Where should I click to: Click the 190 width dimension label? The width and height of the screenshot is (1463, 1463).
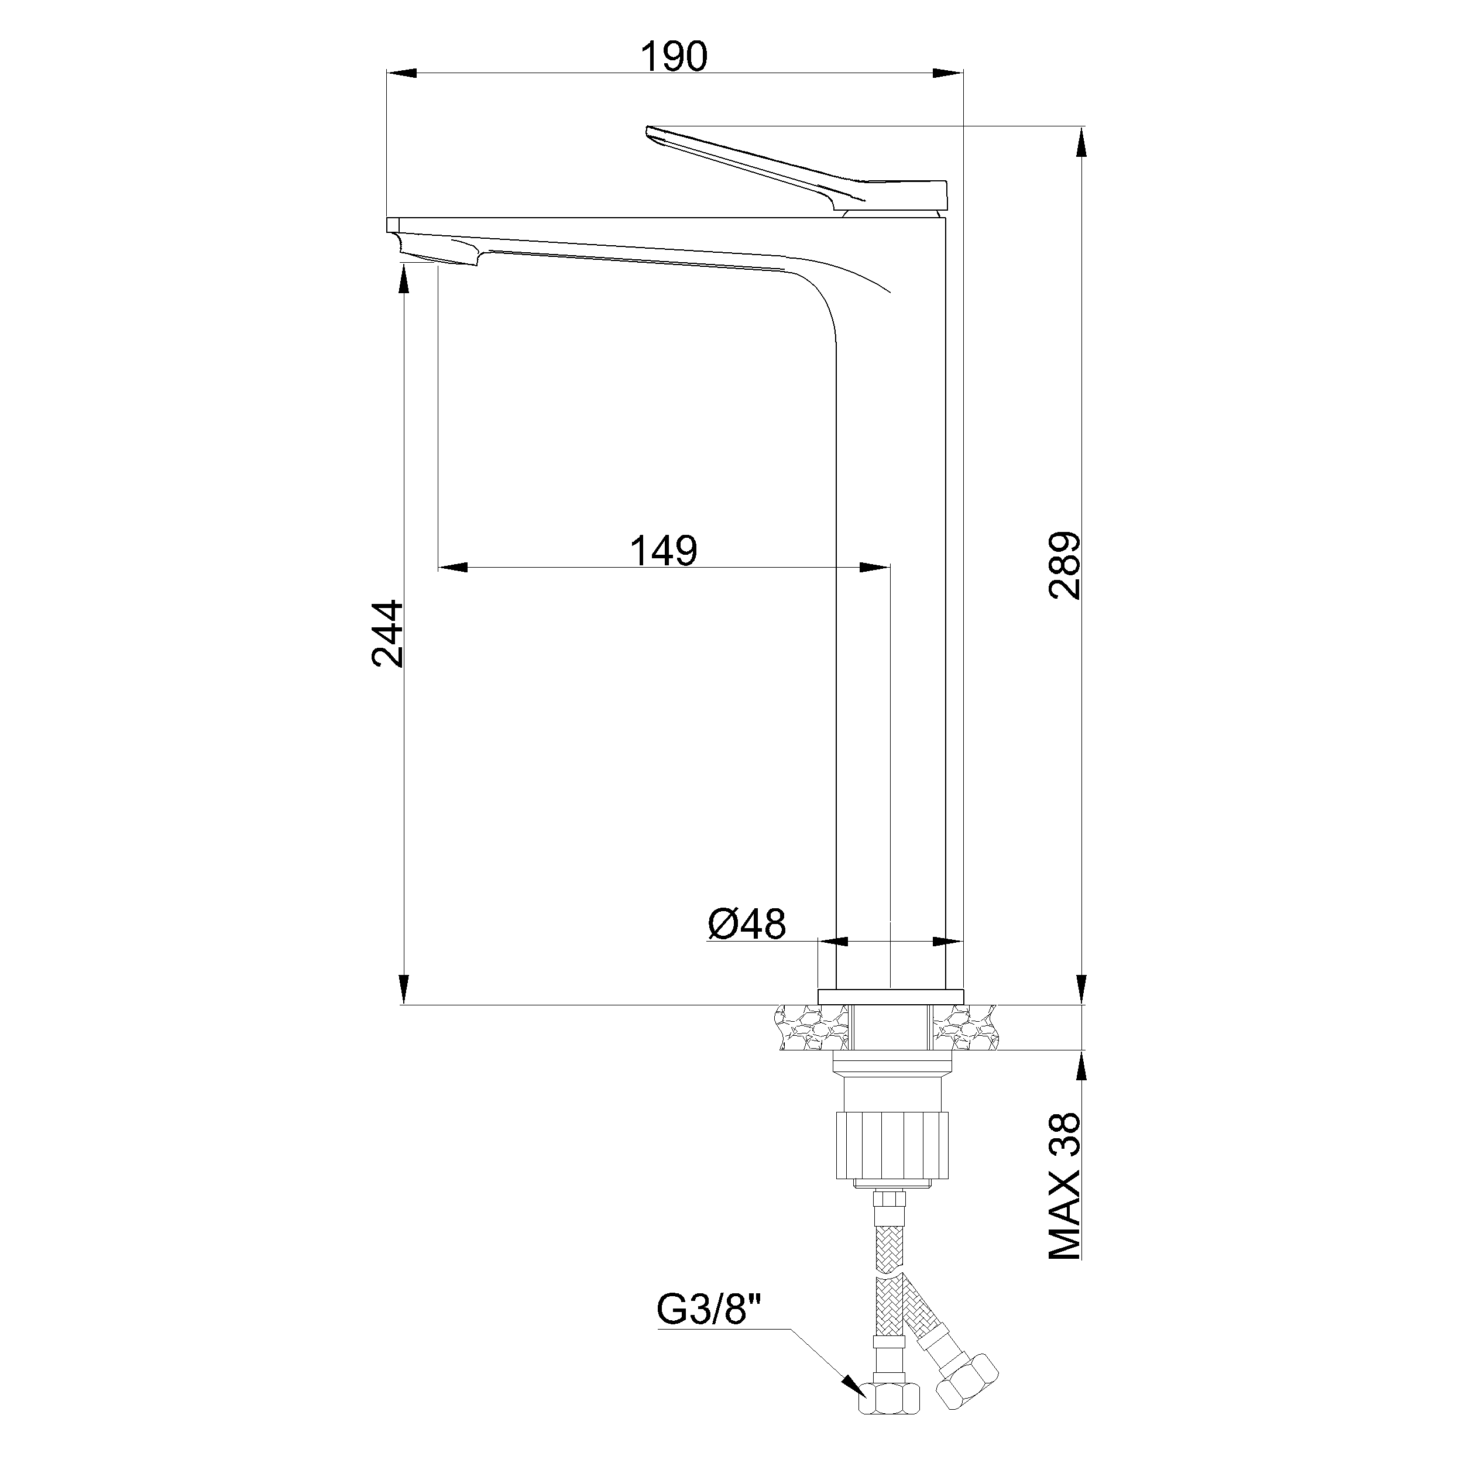(674, 57)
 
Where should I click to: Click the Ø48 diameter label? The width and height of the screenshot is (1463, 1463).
(747, 925)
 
